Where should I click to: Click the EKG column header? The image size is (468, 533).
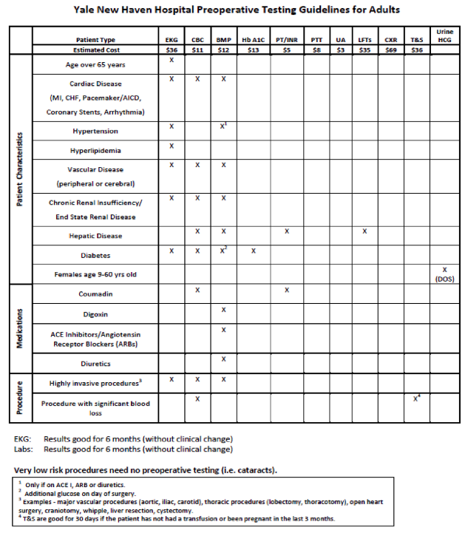(x=172, y=38)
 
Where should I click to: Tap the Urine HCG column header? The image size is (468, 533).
(x=444, y=35)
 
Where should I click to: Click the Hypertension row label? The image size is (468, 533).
(x=95, y=131)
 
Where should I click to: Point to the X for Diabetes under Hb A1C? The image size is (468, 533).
(x=254, y=251)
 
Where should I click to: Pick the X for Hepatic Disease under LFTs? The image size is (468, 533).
(x=364, y=231)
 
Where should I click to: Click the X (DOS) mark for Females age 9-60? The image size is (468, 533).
(x=444, y=274)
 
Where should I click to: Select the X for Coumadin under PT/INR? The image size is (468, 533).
(x=287, y=290)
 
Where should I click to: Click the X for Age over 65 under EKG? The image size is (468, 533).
(x=172, y=60)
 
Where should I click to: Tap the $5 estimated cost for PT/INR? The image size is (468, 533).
(x=287, y=50)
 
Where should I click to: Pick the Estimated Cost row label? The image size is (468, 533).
(x=96, y=50)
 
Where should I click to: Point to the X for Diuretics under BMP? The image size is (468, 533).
(x=223, y=359)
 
